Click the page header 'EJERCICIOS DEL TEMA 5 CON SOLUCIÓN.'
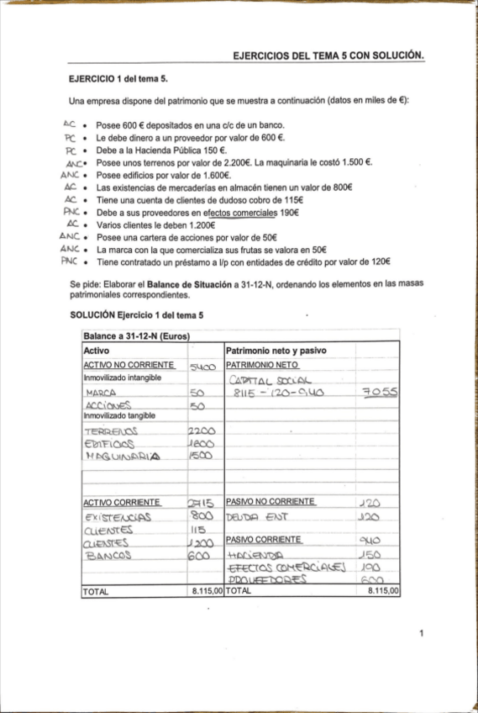[x=328, y=56]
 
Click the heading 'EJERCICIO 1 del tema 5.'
[x=118, y=79]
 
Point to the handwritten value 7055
[x=381, y=392]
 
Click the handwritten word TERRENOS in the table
[x=116, y=430]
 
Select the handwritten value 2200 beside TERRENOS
[x=204, y=430]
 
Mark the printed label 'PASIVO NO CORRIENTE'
[x=271, y=502]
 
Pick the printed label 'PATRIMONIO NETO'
[x=262, y=365]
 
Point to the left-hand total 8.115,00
[x=207, y=592]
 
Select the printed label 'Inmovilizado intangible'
[x=122, y=378]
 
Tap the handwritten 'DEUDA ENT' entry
[x=257, y=517]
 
